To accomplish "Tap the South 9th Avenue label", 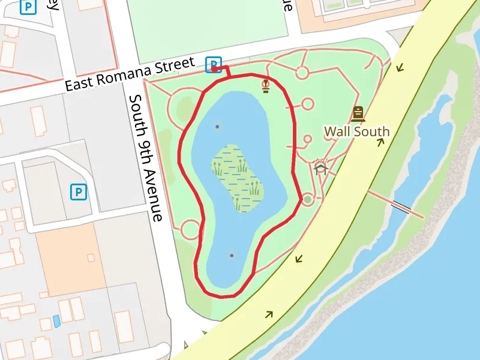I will pyautogui.click(x=146, y=158).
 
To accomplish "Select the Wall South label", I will pyautogui.click(x=356, y=131).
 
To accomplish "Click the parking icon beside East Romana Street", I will pyautogui.click(x=213, y=64).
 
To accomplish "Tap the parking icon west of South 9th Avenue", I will pyautogui.click(x=79, y=192).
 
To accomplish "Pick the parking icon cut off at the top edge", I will pyautogui.click(x=28, y=6).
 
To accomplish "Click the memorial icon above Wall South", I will pyautogui.click(x=358, y=113).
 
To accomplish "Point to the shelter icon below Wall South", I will pyautogui.click(x=320, y=166).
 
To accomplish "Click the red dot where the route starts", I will pyautogui.click(x=214, y=69).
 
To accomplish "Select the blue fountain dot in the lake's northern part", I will pyautogui.click(x=217, y=127).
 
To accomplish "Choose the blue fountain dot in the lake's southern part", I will pyautogui.click(x=232, y=256).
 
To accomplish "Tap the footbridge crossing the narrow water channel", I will pyautogui.click(x=401, y=208).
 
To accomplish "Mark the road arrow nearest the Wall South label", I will pyautogui.click(x=380, y=142).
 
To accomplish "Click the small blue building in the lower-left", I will pyautogui.click(x=56, y=321).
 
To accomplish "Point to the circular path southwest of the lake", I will pyautogui.click(x=191, y=229).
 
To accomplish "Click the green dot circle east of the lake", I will pyautogui.click(x=308, y=199).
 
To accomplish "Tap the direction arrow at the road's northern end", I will pyautogui.click(x=400, y=68).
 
